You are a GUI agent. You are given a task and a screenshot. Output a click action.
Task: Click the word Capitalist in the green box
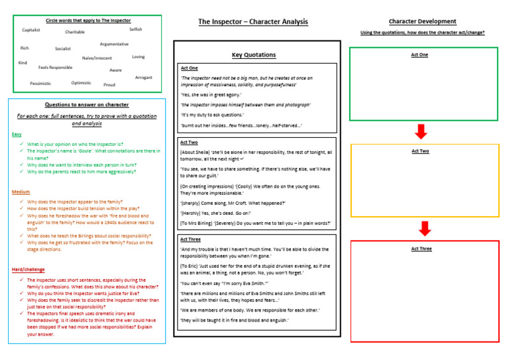[31, 30]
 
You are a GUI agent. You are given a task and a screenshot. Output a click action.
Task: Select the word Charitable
[75, 32]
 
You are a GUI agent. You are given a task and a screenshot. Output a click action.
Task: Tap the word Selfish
[135, 29]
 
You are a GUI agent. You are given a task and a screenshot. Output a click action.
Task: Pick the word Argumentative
[114, 44]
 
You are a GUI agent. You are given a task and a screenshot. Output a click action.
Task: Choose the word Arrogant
[143, 78]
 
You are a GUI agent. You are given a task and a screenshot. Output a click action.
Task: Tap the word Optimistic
[81, 83]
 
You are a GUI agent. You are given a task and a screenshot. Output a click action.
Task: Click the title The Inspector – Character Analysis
[253, 22]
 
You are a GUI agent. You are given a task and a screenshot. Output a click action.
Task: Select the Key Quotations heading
[254, 54]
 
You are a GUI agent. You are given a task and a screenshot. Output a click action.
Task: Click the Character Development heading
[422, 21]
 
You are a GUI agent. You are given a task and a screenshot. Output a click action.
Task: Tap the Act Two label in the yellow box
[420, 151]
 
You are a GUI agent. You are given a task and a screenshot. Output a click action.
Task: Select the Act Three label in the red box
[421, 249]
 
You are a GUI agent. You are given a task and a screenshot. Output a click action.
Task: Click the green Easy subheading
[17, 135]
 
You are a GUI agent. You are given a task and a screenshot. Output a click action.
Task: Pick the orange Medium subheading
[21, 192]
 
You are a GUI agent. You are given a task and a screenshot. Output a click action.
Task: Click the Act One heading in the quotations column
[189, 68]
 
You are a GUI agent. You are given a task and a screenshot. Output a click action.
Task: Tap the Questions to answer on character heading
[87, 105]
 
